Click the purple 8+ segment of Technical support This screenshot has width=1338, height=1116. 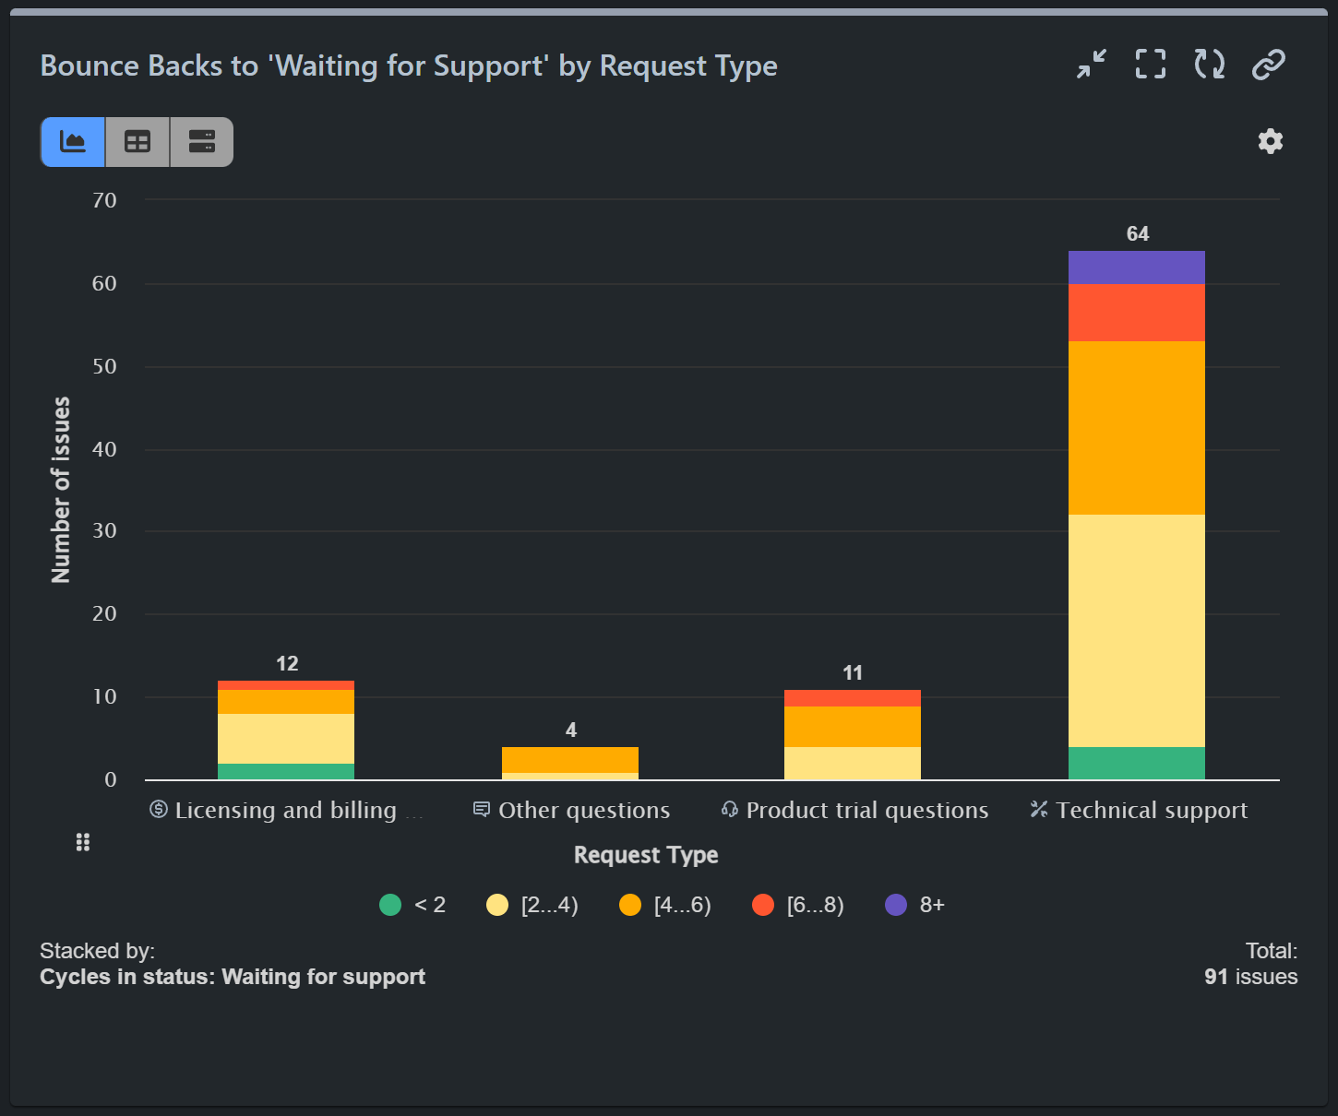[x=1136, y=267]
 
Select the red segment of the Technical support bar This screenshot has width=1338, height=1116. [x=1136, y=313]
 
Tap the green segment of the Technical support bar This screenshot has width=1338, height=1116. [x=1136, y=763]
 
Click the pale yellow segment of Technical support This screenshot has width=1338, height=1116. [x=1136, y=630]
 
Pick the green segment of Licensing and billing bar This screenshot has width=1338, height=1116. [x=286, y=771]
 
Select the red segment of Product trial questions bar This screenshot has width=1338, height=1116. [x=852, y=698]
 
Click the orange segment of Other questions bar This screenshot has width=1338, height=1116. [x=569, y=760]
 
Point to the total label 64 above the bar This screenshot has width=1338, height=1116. [x=1137, y=234]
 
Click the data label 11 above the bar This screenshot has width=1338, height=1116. [x=852, y=673]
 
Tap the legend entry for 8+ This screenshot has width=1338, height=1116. [x=914, y=905]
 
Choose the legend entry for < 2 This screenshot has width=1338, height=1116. [x=412, y=905]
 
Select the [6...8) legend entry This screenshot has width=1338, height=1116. [x=798, y=905]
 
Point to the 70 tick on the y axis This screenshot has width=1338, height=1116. [x=104, y=200]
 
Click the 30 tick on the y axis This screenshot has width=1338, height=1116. [x=104, y=530]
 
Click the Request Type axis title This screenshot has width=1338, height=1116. [x=646, y=855]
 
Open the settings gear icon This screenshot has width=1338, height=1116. [x=1270, y=141]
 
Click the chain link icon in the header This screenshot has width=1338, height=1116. [x=1268, y=65]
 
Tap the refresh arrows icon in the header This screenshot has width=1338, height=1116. [x=1209, y=65]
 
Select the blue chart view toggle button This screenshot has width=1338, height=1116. [x=73, y=142]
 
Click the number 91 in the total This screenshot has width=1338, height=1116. [x=1216, y=977]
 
